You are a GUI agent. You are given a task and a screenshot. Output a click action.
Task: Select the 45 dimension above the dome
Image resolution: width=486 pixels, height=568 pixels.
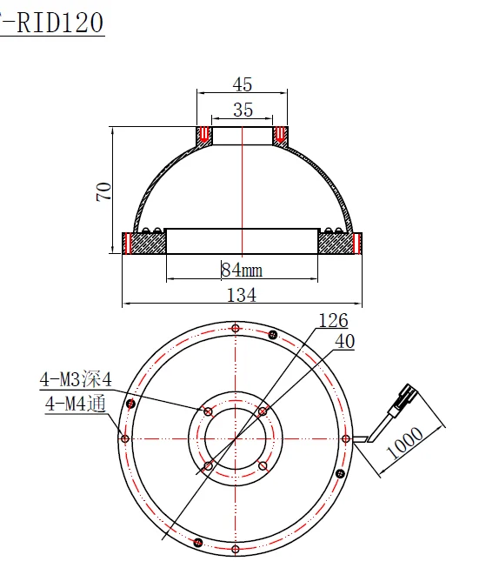[242, 84]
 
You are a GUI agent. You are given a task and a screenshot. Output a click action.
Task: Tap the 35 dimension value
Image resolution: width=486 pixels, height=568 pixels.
[242, 110]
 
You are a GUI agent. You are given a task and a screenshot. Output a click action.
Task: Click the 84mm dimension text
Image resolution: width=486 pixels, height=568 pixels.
[242, 271]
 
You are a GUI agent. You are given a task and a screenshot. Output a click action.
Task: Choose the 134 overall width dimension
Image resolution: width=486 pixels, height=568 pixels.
[241, 295]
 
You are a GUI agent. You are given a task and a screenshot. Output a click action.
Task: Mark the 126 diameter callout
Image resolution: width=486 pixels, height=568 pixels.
[333, 321]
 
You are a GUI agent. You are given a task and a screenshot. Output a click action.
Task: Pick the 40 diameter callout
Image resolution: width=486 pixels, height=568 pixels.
[344, 342]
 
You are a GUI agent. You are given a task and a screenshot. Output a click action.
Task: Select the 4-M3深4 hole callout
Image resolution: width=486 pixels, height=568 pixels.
[76, 379]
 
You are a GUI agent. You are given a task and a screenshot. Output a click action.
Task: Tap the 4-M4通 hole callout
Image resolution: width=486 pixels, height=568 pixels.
[74, 403]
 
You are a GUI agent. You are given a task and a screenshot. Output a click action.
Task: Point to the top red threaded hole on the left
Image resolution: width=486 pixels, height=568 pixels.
[203, 136]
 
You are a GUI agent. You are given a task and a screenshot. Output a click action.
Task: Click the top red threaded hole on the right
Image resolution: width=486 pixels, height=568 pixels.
[280, 136]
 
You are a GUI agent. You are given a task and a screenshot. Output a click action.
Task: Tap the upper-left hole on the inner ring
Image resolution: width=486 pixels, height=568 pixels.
[207, 411]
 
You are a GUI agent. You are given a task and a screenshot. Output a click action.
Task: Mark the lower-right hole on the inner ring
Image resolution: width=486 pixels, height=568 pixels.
[263, 467]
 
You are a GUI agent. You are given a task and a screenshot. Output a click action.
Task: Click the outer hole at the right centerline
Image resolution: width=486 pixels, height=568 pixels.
[345, 439]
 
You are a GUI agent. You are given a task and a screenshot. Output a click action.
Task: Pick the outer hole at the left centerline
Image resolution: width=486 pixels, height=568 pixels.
[125, 438]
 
